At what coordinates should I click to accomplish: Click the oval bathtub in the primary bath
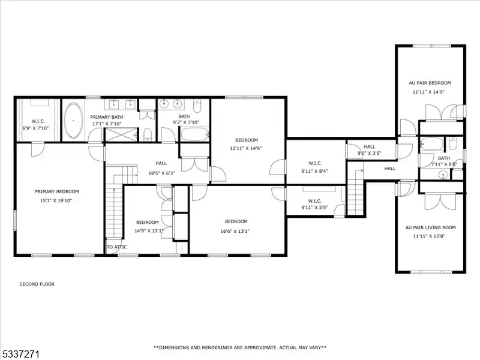click(x=73, y=121)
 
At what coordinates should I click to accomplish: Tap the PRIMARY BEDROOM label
click(x=57, y=191)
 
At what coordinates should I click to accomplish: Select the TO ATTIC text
click(x=116, y=247)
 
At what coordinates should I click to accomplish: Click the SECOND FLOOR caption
click(x=37, y=284)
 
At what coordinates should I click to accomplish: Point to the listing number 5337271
click(x=20, y=355)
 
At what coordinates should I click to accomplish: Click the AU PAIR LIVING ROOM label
click(x=430, y=227)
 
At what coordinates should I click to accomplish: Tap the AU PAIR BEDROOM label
click(x=430, y=83)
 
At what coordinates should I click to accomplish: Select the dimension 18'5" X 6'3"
click(x=161, y=173)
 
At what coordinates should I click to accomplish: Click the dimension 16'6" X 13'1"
click(x=235, y=231)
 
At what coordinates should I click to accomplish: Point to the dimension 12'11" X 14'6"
click(x=246, y=148)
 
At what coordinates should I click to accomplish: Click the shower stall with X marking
click(x=121, y=134)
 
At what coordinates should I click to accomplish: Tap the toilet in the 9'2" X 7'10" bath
click(x=197, y=106)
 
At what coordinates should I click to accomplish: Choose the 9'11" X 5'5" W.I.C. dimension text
click(x=314, y=207)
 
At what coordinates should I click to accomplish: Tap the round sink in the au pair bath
click(x=442, y=175)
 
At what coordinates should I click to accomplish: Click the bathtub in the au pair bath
click(x=431, y=143)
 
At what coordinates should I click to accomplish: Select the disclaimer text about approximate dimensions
click(x=239, y=347)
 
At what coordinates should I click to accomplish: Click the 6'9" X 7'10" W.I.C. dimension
click(x=35, y=128)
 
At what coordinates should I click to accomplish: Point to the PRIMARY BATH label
click(x=107, y=117)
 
